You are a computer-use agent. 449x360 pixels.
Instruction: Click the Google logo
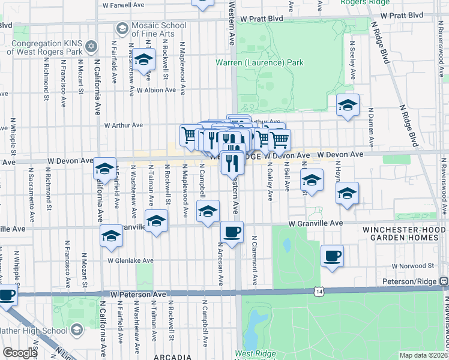(20, 353)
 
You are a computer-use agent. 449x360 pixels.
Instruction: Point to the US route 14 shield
(318, 291)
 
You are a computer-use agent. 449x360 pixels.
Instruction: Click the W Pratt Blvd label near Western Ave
(261, 19)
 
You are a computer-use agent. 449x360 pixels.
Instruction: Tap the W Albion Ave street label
(156, 90)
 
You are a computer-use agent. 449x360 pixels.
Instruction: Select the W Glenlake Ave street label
(131, 261)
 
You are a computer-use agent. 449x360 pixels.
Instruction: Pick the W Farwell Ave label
(124, 4)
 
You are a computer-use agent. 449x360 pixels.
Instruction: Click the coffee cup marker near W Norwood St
(332, 256)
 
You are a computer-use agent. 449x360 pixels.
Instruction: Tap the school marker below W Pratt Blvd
(143, 60)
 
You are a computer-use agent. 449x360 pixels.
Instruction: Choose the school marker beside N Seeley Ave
(347, 106)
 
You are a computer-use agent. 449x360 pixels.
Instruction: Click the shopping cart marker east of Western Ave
(279, 140)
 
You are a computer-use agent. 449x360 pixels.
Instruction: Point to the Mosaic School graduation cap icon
(122, 28)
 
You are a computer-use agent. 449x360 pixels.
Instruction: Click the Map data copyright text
(423, 355)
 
